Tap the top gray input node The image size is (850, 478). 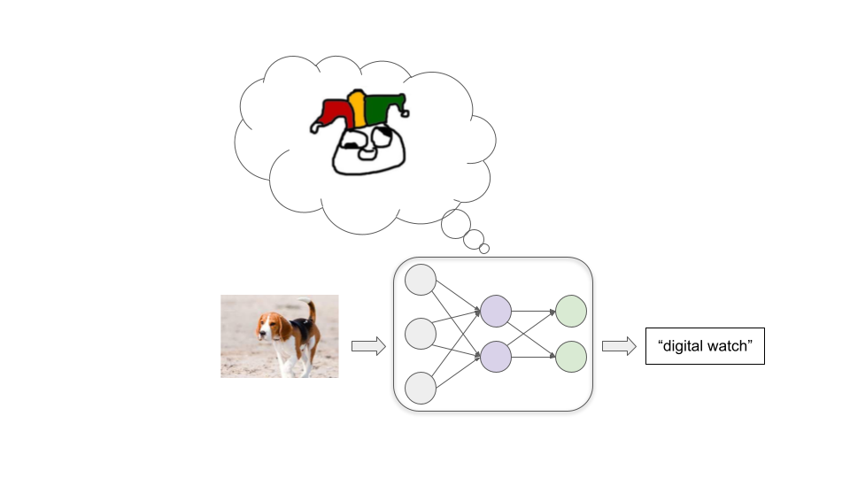coord(421,280)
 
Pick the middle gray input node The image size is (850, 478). coord(421,334)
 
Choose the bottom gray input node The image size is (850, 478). coord(421,389)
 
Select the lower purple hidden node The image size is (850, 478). coord(496,356)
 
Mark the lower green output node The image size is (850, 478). coord(571,356)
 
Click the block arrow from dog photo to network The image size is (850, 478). coord(368,346)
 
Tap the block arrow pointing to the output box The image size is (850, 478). coord(619,346)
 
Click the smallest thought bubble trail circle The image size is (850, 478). coord(484,249)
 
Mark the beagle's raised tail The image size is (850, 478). coord(310,310)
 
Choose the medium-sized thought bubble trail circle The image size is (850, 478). coord(475,239)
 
